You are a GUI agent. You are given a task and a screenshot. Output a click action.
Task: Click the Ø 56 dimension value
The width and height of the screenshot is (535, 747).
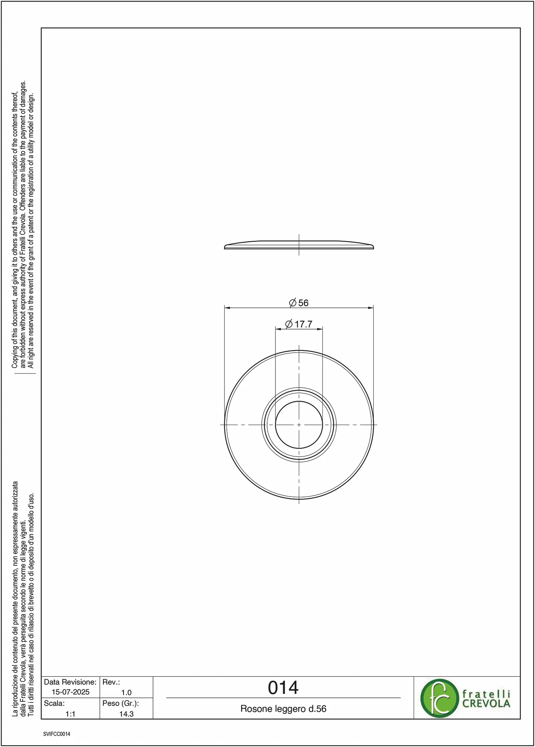point(299,303)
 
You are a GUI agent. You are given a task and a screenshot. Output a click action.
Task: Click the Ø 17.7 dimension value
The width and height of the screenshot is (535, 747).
point(299,324)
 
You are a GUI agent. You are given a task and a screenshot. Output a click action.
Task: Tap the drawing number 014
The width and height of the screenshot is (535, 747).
point(283,688)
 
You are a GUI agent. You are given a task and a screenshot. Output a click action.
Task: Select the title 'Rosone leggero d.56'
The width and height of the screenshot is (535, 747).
point(284,709)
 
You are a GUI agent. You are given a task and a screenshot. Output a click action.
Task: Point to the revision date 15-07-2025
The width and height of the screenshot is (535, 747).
point(71,692)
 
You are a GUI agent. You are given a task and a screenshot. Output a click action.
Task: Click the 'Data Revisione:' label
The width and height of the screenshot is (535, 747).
point(70,682)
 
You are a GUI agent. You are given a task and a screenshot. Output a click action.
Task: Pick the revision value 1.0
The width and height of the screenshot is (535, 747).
point(126,692)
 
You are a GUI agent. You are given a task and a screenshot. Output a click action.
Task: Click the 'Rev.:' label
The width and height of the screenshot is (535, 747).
point(111,682)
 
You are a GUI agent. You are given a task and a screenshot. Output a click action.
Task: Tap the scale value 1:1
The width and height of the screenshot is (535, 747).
point(70,714)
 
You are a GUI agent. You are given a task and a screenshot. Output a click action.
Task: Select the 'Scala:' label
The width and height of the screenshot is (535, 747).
point(54,703)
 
